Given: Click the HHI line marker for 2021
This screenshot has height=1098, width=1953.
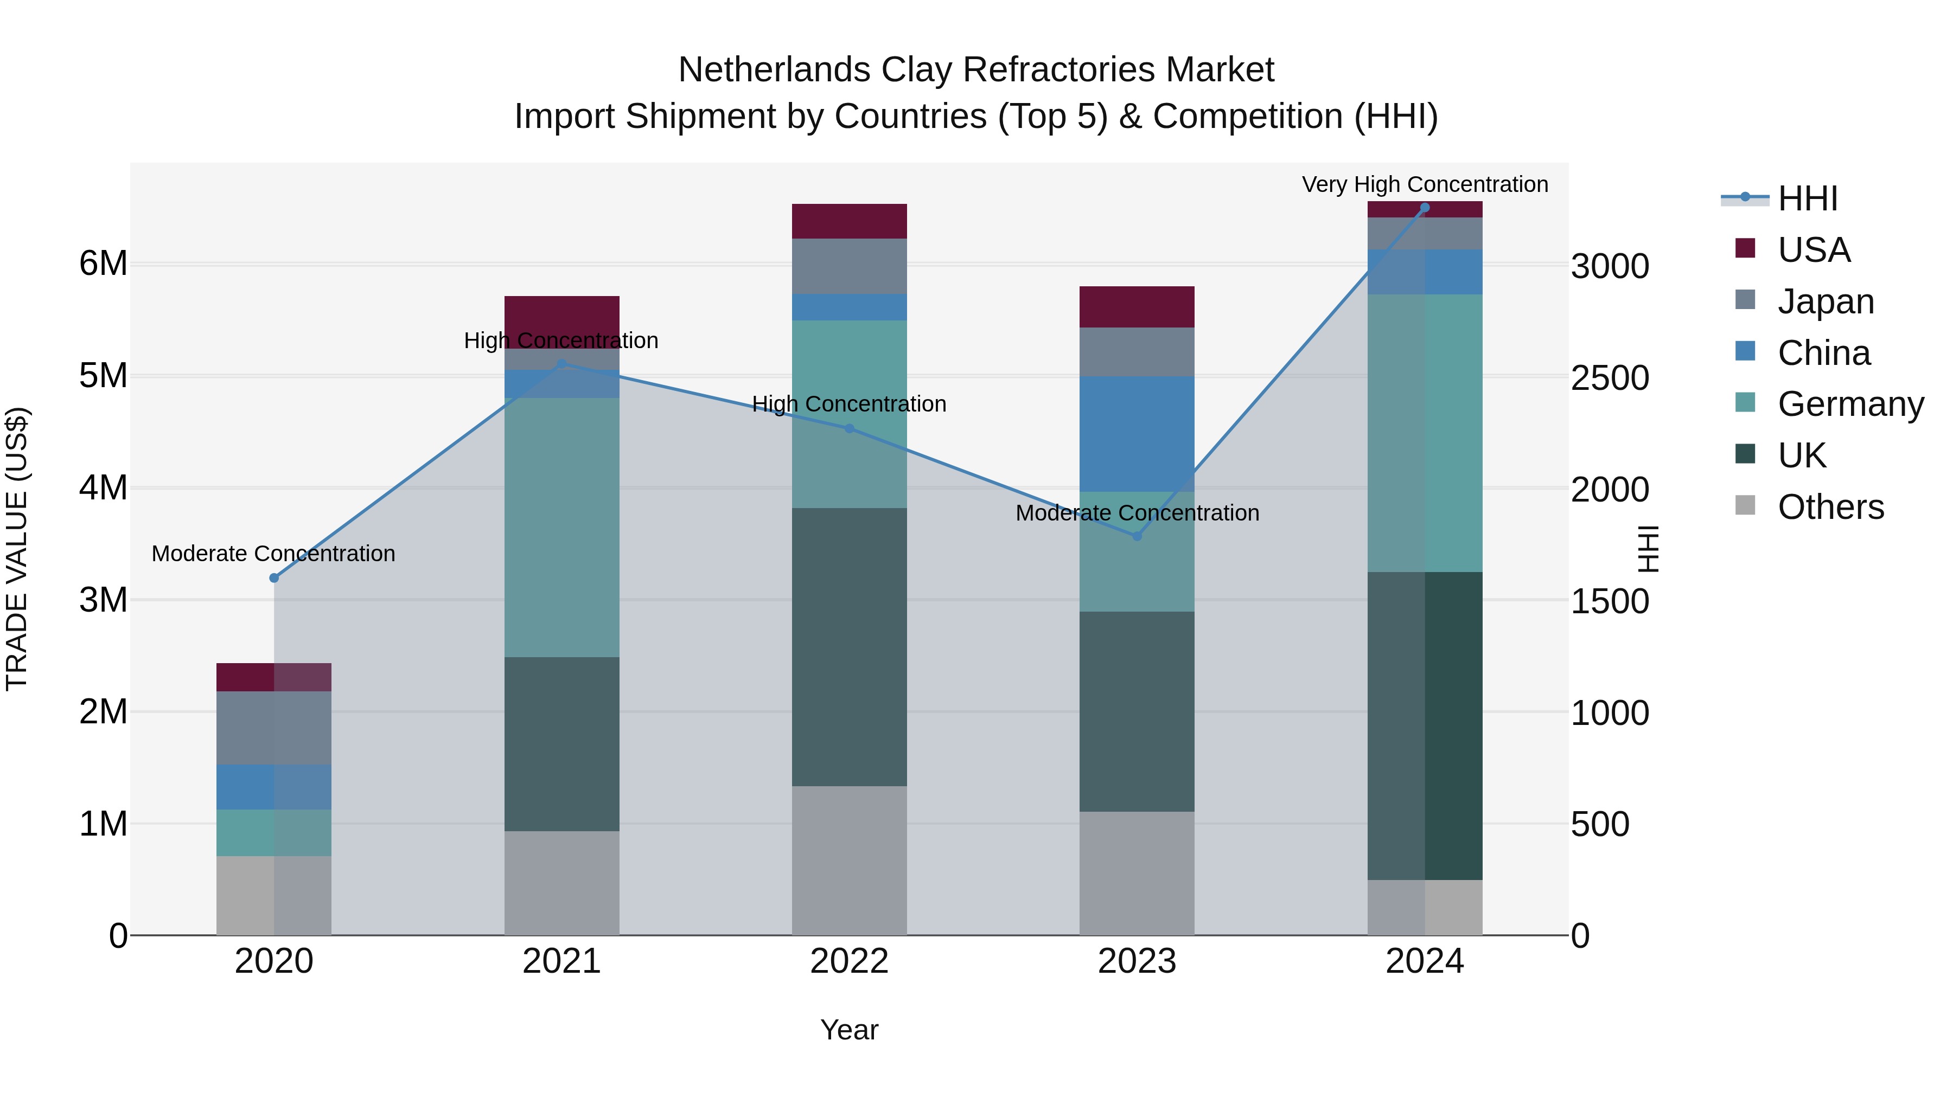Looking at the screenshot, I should [x=562, y=364].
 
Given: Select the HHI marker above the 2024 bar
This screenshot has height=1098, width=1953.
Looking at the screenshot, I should [x=1425, y=208].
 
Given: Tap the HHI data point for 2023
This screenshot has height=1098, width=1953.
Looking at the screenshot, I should [x=1137, y=536].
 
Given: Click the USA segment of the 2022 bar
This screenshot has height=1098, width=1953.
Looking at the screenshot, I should [x=849, y=221].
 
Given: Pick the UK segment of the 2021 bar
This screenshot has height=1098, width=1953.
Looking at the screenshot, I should [x=562, y=743].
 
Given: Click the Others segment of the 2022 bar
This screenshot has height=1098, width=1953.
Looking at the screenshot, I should [x=849, y=860].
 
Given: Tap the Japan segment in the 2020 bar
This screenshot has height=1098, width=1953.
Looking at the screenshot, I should [x=274, y=728].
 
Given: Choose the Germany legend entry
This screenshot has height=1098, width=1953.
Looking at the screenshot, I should [x=1850, y=404].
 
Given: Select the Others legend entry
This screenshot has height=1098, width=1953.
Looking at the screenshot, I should [x=1830, y=507].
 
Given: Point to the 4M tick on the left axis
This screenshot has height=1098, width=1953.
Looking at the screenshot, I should [x=103, y=487].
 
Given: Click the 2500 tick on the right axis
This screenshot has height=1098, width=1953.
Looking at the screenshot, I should [x=1610, y=378].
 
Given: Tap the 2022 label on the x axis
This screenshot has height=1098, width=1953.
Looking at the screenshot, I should [x=849, y=961].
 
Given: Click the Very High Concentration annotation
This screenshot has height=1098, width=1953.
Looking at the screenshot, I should [x=1425, y=184].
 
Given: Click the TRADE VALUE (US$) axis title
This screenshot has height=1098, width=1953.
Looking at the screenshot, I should [x=17, y=549].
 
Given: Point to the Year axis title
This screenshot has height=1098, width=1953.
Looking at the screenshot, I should [x=849, y=1030].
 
